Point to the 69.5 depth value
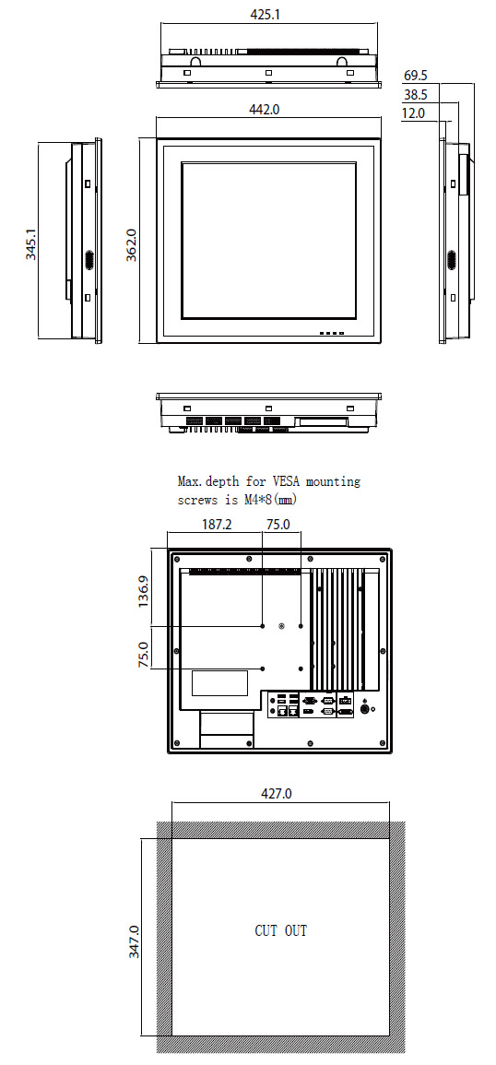416,76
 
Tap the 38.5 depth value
416,95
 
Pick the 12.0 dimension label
413,113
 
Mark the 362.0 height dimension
132,244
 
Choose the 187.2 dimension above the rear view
217,525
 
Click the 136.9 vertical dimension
144,592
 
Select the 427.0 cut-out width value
277,793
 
